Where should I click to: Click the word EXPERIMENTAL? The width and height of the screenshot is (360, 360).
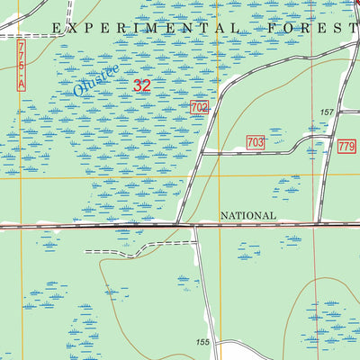tap(145, 28)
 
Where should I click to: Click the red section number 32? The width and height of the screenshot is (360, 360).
tap(142, 86)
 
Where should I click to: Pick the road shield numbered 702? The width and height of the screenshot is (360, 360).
tap(200, 107)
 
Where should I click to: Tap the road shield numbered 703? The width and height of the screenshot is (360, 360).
tap(255, 142)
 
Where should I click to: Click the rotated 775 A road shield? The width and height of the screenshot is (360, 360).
tap(22, 64)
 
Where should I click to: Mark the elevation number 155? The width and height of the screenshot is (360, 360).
tap(203, 343)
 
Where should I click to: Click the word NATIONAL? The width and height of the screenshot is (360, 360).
tap(247, 216)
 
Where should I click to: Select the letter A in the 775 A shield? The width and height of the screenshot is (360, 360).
tap(22, 83)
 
